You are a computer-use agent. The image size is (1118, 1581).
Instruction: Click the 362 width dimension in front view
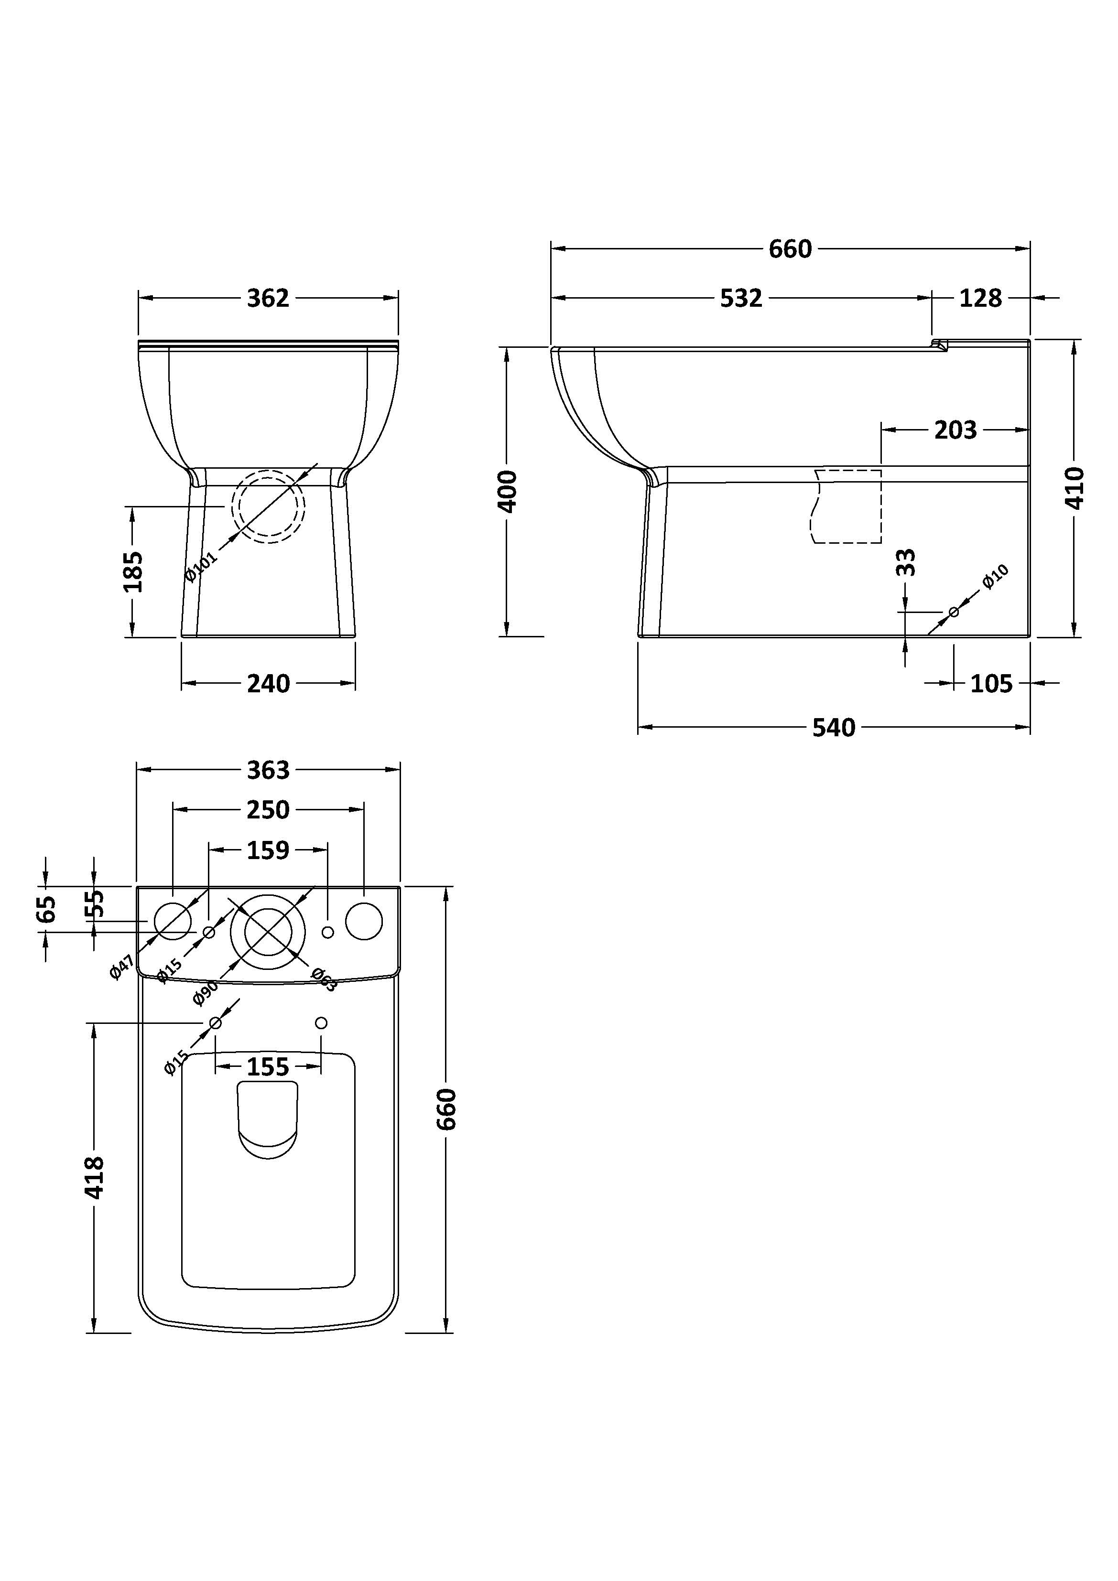(268, 298)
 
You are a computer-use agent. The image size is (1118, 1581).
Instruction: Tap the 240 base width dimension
(268, 684)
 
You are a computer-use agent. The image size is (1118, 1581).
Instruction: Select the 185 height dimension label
(133, 571)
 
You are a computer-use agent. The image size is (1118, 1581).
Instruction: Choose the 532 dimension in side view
(741, 298)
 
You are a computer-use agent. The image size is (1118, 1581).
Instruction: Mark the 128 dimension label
(980, 298)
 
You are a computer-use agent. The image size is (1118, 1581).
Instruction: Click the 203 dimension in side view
(955, 430)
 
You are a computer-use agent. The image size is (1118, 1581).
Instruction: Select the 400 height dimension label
(508, 491)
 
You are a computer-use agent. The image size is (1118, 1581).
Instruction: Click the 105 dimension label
(991, 684)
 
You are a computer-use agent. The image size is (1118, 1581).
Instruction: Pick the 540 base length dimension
(834, 728)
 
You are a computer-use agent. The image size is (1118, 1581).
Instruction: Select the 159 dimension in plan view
(268, 850)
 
